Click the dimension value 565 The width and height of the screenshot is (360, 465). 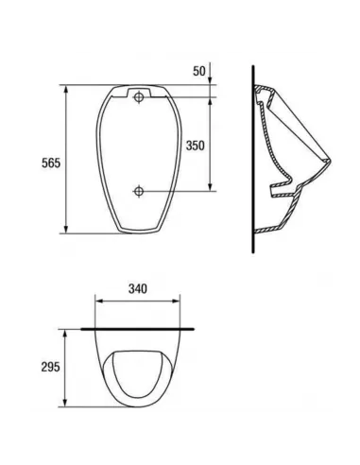[x=51, y=163]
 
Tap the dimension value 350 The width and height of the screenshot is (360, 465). [x=195, y=146]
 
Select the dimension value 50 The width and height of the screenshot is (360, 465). [x=199, y=71]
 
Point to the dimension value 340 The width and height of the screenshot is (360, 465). [x=138, y=288]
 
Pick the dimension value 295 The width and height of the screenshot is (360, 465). [x=50, y=367]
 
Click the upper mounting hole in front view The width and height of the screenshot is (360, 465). [x=139, y=97]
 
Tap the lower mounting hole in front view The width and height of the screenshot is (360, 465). [x=139, y=191]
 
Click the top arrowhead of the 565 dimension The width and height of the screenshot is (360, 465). [x=66, y=89]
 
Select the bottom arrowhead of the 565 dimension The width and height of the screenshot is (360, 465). [x=66, y=230]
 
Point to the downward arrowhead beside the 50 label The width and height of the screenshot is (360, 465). [x=210, y=80]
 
